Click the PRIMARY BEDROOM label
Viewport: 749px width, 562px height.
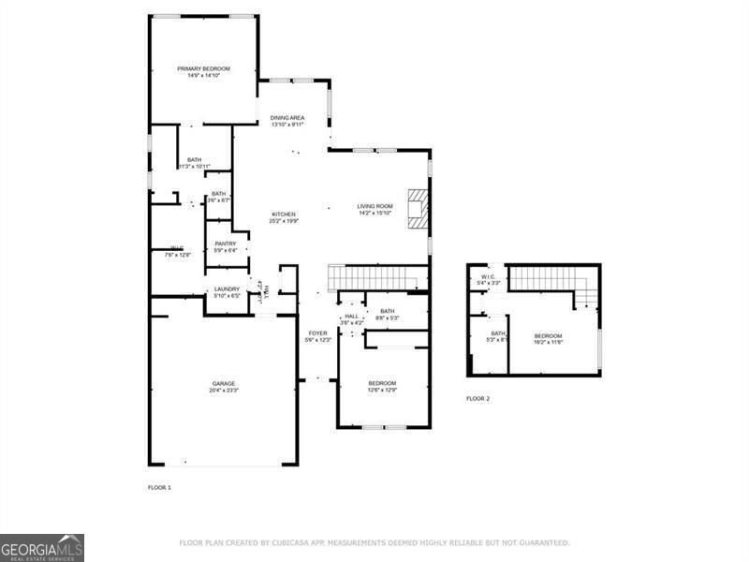click(x=204, y=69)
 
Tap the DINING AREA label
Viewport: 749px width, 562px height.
click(x=287, y=118)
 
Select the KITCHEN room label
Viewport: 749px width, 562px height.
click(x=284, y=214)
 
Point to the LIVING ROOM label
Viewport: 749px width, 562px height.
click(x=374, y=206)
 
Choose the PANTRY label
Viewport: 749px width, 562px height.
click(x=225, y=244)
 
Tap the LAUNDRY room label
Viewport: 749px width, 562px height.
click(x=228, y=288)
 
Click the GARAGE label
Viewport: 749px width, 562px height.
click(x=223, y=383)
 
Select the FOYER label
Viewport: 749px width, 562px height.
click(x=318, y=333)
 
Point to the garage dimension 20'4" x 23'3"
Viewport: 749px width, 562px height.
click(x=223, y=390)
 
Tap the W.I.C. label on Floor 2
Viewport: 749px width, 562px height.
click(x=488, y=276)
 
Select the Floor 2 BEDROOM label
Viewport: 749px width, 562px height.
click(x=548, y=335)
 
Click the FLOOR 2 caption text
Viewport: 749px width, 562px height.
click(x=477, y=399)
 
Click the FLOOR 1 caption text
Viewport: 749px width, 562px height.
click(x=159, y=488)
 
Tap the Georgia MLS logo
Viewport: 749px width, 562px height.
click(x=42, y=547)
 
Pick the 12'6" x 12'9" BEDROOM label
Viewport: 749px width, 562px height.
click(x=381, y=383)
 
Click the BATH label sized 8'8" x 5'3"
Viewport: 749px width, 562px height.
click(x=387, y=311)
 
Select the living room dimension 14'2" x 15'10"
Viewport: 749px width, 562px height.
click(x=374, y=213)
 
